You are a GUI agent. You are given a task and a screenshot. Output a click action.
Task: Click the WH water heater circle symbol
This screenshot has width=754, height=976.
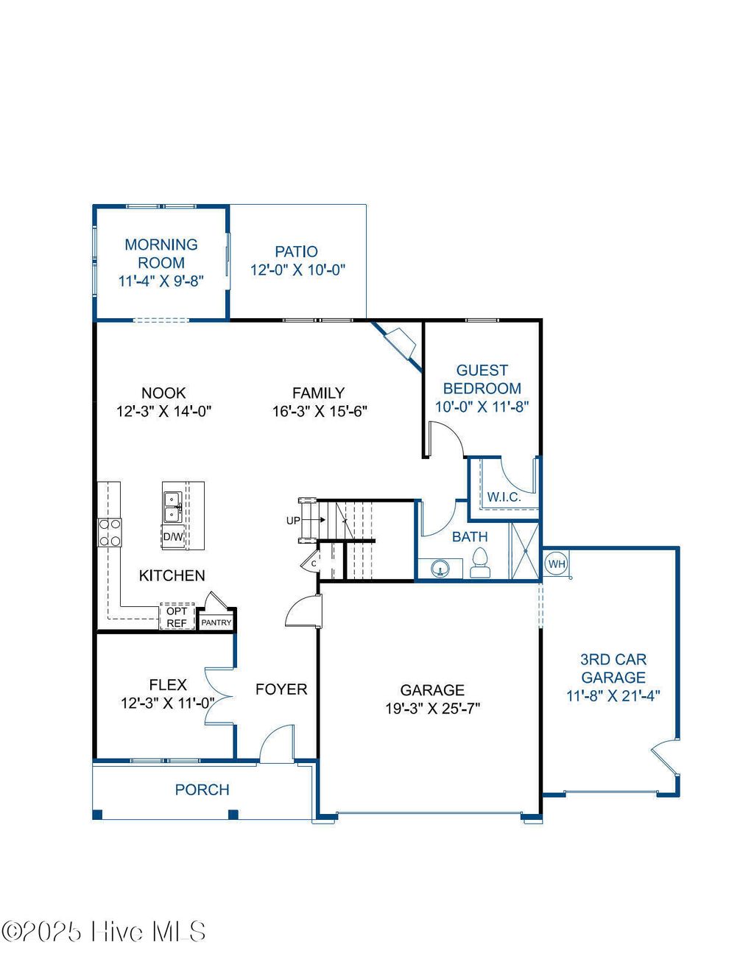(x=557, y=564)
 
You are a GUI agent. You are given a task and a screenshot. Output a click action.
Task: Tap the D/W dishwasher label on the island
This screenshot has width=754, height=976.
(x=173, y=536)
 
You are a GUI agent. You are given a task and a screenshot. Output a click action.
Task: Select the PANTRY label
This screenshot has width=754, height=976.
(x=216, y=622)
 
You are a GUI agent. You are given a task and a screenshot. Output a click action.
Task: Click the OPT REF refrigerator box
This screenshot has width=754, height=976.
(x=177, y=617)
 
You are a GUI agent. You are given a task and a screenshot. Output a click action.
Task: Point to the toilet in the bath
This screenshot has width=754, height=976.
(x=479, y=563)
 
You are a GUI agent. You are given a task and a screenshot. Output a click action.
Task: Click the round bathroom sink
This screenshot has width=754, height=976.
(x=440, y=569)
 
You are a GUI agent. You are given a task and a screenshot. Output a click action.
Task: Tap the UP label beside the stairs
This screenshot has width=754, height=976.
(x=293, y=520)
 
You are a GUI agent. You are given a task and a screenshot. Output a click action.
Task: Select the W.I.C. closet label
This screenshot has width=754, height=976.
(x=504, y=497)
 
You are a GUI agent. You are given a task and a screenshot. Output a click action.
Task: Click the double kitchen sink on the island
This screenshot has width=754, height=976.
(x=173, y=507)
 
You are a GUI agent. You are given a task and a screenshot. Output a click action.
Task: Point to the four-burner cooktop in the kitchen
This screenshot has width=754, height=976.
(x=110, y=532)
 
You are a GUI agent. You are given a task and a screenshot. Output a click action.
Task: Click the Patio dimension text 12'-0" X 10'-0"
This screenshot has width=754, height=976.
(x=297, y=270)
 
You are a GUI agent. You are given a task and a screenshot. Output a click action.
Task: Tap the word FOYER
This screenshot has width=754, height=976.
(x=281, y=689)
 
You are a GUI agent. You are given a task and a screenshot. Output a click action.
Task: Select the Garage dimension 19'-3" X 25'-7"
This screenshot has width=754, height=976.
(x=432, y=709)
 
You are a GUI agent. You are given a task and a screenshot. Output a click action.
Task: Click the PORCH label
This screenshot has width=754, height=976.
(x=202, y=790)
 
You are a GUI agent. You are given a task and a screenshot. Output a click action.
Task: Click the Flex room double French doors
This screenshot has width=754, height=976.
(x=219, y=696)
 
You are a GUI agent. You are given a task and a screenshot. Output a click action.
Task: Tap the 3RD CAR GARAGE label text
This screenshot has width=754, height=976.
(x=613, y=668)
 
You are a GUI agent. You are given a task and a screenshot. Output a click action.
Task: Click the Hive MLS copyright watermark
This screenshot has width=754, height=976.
(x=103, y=932)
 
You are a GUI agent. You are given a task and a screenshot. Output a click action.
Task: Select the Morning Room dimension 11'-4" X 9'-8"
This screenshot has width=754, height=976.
(x=161, y=281)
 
